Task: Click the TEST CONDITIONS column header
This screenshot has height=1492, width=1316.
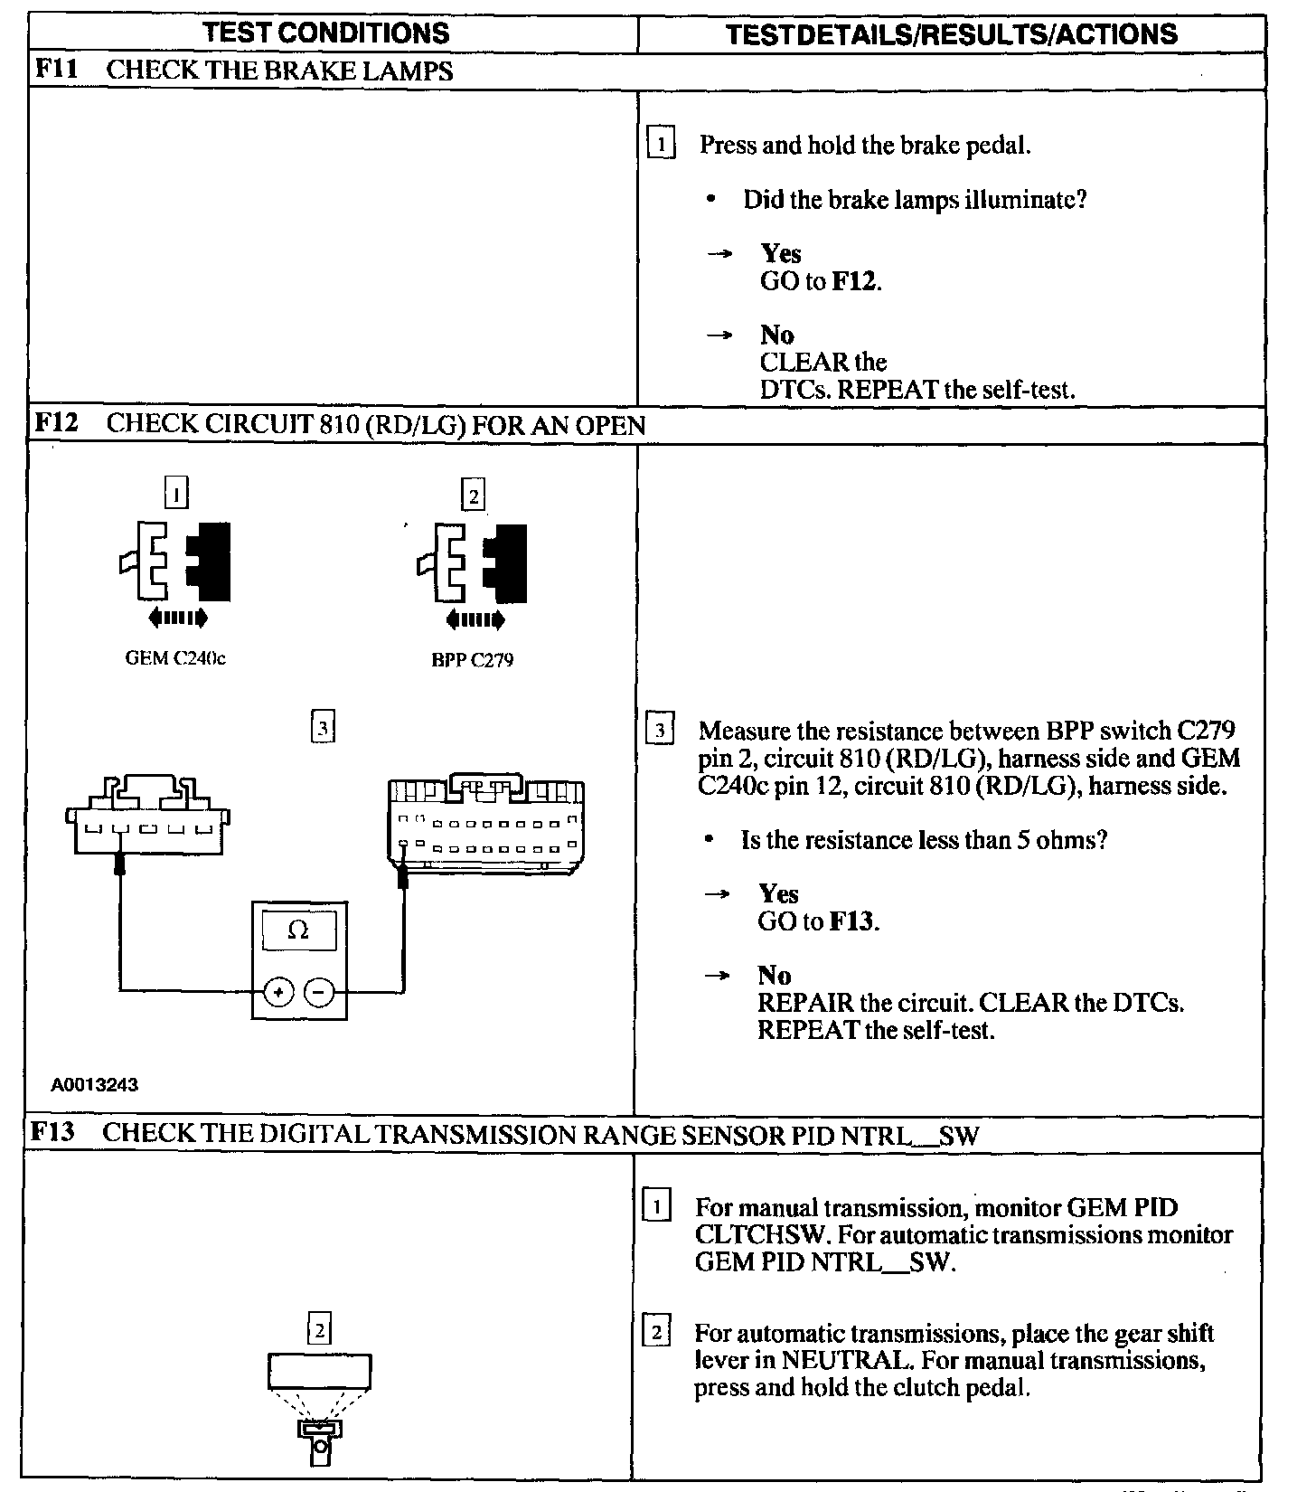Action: click(x=326, y=33)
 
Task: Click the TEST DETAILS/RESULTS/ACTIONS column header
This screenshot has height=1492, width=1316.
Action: click(x=952, y=34)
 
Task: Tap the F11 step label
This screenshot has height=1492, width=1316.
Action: click(x=53, y=71)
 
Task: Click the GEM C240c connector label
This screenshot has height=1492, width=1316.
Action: click(x=175, y=658)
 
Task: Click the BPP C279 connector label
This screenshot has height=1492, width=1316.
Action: click(x=472, y=660)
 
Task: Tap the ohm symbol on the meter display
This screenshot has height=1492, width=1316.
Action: click(x=298, y=930)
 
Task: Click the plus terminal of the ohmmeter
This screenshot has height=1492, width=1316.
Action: click(x=278, y=992)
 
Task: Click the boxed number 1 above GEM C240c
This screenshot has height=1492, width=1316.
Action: click(x=177, y=494)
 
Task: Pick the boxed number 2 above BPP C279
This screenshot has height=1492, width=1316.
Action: click(x=473, y=496)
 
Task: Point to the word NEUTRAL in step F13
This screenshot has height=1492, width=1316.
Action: click(x=841, y=1361)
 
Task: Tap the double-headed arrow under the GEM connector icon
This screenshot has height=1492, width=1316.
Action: click(x=177, y=618)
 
